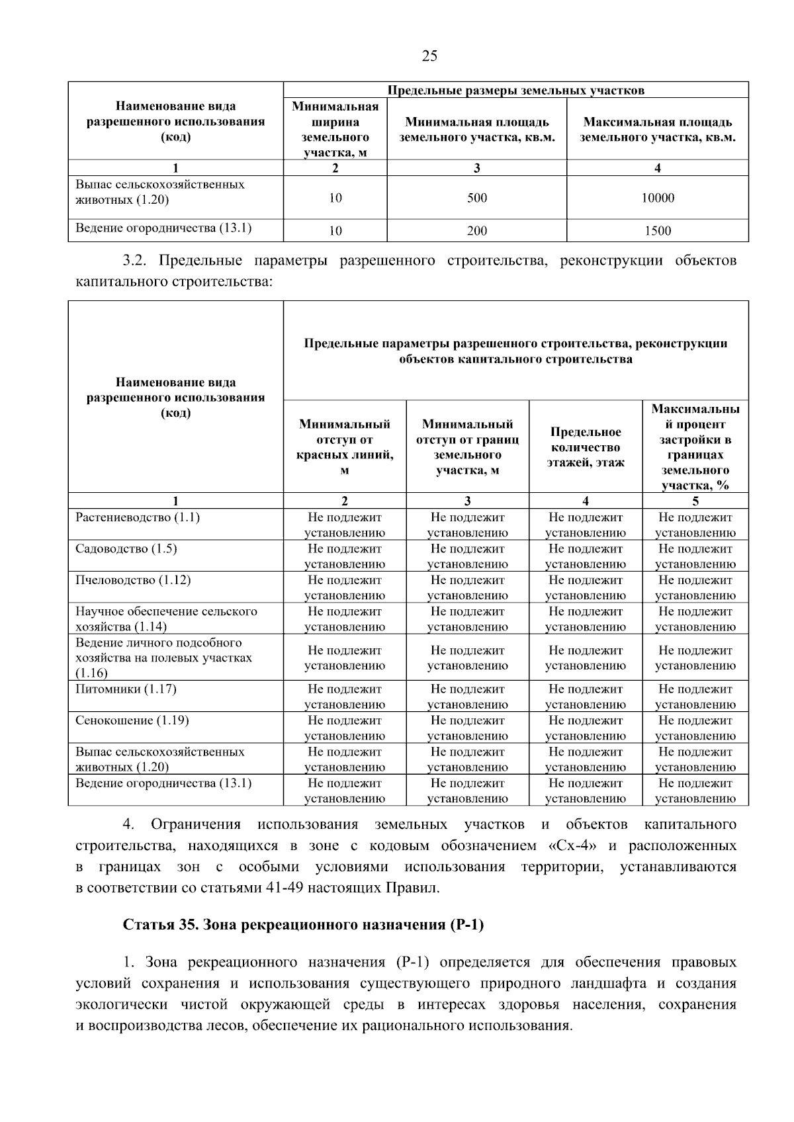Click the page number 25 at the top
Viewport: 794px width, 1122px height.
[429, 56]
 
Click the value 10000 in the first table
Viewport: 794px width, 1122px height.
[658, 198]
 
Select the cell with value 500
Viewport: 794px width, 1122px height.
[476, 198]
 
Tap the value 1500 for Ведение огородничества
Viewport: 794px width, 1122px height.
[658, 231]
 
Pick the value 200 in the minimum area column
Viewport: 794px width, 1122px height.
[476, 231]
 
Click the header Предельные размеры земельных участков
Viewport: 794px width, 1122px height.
[515, 90]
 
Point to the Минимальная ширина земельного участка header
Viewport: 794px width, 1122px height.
[335, 130]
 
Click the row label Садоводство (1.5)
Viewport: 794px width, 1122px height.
[126, 548]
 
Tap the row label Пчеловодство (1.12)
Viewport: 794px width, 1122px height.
[133, 580]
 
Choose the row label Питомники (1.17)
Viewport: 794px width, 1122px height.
[126, 689]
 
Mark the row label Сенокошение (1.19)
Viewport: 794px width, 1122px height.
[132, 720]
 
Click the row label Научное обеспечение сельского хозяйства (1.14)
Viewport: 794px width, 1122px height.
[165, 619]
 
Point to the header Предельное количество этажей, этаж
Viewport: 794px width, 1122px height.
[585, 447]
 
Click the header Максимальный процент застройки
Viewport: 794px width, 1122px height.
[695, 447]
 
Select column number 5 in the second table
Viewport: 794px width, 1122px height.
[695, 501]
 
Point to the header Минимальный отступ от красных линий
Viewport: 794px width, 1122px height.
[344, 447]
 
